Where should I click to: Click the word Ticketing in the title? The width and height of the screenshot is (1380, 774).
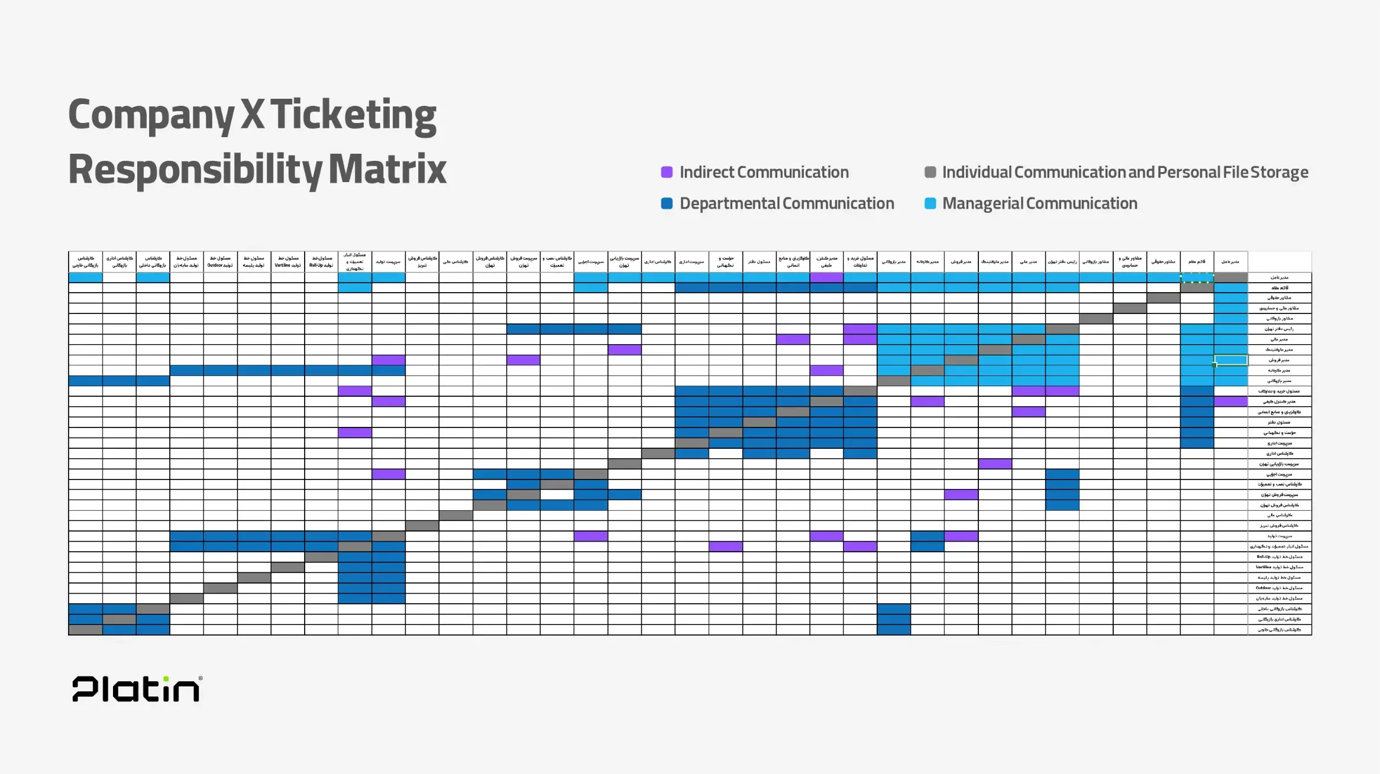(x=353, y=115)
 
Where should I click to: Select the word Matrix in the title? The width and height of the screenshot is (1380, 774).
(x=387, y=170)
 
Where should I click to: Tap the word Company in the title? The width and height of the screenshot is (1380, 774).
(x=151, y=115)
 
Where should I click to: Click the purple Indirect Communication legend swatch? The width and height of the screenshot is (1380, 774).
(x=667, y=172)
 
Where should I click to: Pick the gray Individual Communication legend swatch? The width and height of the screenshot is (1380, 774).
(x=930, y=172)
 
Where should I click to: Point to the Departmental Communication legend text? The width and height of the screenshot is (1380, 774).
(x=787, y=203)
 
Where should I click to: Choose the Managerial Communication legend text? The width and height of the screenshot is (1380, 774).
(x=1039, y=203)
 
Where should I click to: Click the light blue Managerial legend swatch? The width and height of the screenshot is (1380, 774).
(x=930, y=203)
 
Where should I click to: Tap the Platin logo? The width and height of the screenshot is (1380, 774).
(x=137, y=689)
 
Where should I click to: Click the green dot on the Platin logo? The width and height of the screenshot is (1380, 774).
(x=166, y=679)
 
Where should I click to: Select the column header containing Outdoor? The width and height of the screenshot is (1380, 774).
(x=220, y=261)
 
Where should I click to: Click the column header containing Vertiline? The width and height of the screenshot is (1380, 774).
(x=287, y=261)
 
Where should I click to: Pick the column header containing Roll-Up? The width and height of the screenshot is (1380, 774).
(x=321, y=261)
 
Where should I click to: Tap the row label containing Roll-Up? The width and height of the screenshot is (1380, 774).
(x=1279, y=557)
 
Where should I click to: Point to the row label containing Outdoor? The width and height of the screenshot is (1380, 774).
(x=1279, y=588)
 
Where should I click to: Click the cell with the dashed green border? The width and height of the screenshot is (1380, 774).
(x=1197, y=277)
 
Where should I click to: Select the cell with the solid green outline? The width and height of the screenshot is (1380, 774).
(x=1230, y=360)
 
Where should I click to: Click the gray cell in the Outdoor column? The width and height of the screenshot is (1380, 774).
(x=220, y=588)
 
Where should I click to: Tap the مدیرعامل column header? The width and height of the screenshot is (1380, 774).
(x=1230, y=261)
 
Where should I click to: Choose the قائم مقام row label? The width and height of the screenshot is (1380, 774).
(x=1279, y=288)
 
